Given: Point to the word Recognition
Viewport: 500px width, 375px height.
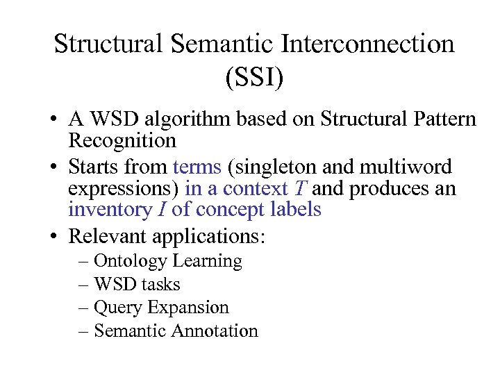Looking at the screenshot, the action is pyautogui.click(x=122, y=142).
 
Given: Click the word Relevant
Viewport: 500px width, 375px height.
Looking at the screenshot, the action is pyautogui.click(x=107, y=236).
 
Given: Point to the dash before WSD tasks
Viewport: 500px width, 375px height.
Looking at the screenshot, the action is pyautogui.click(x=83, y=285).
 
